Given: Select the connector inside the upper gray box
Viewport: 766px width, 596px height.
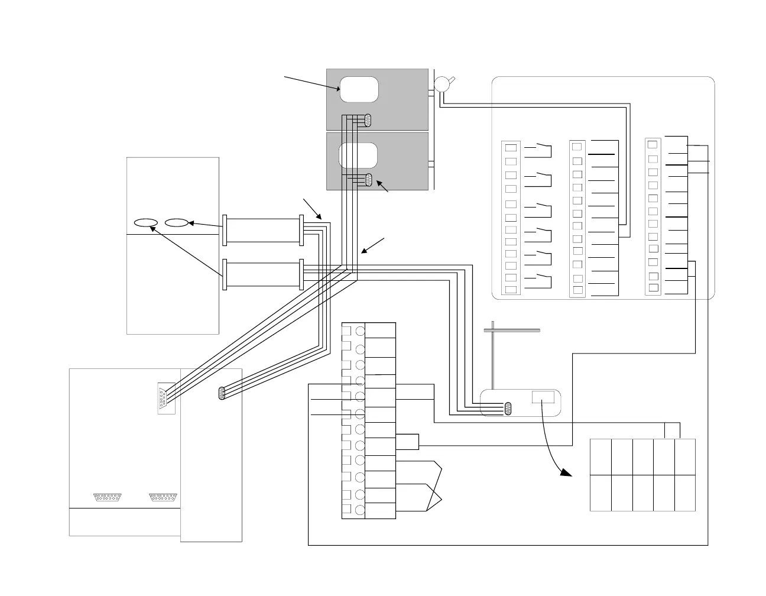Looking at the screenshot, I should (x=368, y=120).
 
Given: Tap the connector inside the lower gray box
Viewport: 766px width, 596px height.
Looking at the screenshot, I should (x=369, y=180).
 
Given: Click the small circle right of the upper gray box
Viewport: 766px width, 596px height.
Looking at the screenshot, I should (x=441, y=85).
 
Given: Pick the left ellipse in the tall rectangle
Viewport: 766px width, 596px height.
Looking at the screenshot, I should (x=145, y=223).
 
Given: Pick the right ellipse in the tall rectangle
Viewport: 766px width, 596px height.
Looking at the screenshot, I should (x=177, y=223).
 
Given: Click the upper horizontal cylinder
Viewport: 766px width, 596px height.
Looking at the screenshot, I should (x=263, y=230).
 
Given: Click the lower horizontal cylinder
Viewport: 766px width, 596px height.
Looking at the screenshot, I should (x=263, y=274).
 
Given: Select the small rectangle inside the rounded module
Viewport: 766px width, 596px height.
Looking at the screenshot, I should (x=543, y=397).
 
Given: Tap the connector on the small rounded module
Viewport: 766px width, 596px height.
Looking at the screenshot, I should (x=508, y=408).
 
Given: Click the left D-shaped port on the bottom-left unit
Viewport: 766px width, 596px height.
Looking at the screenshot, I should (x=107, y=497).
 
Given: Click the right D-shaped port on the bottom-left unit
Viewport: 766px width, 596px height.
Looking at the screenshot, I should (x=163, y=497).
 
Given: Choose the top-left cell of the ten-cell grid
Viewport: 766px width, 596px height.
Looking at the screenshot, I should (x=601, y=456).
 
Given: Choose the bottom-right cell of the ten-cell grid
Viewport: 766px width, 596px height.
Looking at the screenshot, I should (x=684, y=493).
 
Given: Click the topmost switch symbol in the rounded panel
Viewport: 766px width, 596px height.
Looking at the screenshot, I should (x=541, y=148).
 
